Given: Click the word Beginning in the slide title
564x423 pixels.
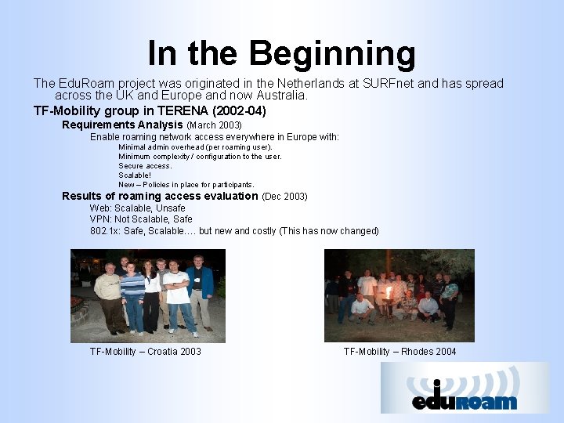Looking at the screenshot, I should [x=334, y=53].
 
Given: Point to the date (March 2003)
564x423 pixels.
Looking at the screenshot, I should [x=214, y=125].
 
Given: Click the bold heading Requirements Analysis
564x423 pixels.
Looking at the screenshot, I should [x=122, y=125].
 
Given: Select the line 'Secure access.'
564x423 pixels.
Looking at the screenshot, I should [x=145, y=165].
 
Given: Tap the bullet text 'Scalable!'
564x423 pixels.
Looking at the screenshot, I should [x=135, y=175].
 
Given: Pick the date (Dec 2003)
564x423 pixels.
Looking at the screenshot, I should [x=284, y=196].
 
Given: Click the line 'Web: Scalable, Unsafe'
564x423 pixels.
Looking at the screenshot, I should [x=137, y=208].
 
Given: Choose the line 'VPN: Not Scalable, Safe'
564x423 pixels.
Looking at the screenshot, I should [x=141, y=219].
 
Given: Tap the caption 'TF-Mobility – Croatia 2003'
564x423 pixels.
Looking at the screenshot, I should [x=145, y=352].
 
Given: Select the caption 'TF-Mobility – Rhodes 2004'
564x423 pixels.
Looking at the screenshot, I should [x=399, y=352].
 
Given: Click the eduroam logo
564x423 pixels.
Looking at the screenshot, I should [x=465, y=388].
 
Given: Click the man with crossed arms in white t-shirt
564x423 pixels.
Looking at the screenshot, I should [x=177, y=296].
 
